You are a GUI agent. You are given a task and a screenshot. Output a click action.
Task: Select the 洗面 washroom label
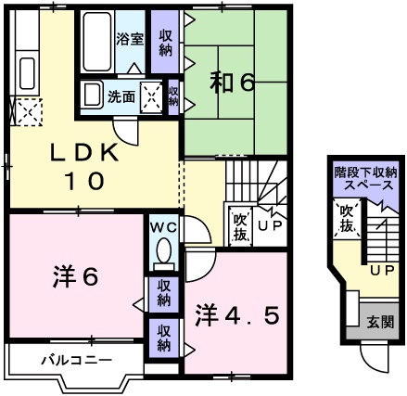pos(121,95)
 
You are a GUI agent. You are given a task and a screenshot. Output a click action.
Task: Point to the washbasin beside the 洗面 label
pos(93,95)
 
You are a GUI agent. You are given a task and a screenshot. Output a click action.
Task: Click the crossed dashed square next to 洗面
pos(151,96)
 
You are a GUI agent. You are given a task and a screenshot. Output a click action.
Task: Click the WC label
pos(162,225)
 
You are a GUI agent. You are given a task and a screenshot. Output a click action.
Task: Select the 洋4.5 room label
pos(236,315)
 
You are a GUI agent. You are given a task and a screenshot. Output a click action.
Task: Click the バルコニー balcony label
pos(76,359)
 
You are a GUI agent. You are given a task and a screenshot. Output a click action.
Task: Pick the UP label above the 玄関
pos(379,270)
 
